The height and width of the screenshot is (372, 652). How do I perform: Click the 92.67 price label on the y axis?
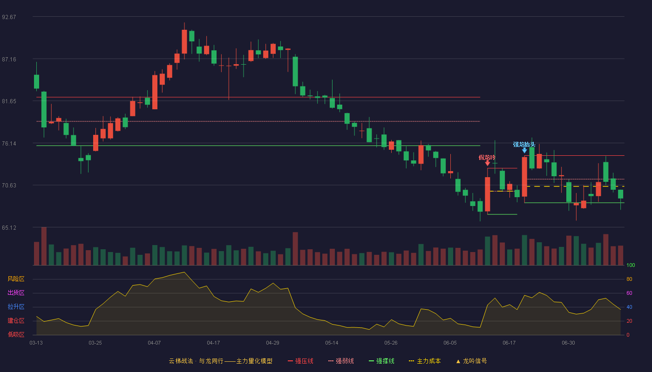[x=9, y=17]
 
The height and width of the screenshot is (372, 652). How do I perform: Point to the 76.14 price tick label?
[x=9, y=144]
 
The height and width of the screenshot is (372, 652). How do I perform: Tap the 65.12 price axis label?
[x=9, y=228]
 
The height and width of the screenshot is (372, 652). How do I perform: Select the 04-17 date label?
[x=213, y=343]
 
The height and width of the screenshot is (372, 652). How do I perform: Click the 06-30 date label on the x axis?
[x=568, y=343]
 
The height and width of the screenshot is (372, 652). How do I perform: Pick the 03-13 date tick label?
[x=36, y=343]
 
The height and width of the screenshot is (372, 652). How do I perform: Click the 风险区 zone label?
[x=16, y=279]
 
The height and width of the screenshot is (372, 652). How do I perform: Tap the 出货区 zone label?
[x=16, y=292]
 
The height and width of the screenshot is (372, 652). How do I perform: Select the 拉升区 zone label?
[x=16, y=306]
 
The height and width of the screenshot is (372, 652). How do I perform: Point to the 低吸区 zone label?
[x=16, y=334]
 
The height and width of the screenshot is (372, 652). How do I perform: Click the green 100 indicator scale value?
[x=631, y=265]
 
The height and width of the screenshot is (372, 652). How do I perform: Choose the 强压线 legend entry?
[x=300, y=361]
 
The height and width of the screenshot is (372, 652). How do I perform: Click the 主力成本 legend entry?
[x=425, y=361]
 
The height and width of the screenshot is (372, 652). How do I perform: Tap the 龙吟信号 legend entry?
[x=471, y=361]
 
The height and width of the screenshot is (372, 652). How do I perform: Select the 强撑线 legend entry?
[x=381, y=361]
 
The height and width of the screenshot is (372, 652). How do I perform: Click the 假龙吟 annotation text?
[x=487, y=158]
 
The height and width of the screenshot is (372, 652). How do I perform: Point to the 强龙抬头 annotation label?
[x=524, y=145]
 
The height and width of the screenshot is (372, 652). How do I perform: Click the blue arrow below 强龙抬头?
[x=524, y=151]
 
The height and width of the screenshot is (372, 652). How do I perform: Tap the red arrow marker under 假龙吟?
[x=488, y=163]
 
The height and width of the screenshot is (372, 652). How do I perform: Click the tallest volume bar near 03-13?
[x=44, y=246]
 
